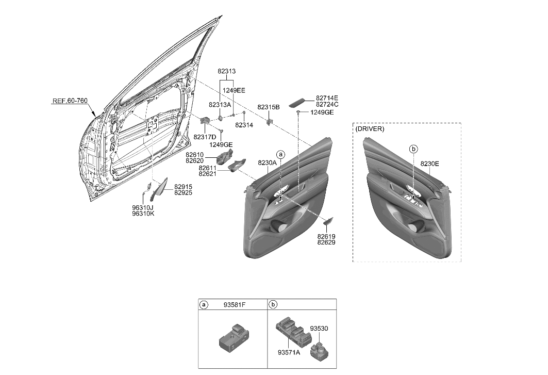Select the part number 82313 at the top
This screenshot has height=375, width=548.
click(x=226, y=71)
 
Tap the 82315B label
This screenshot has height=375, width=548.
click(x=269, y=107)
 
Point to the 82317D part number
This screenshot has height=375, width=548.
click(x=205, y=137)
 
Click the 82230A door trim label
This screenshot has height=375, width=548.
click(x=268, y=162)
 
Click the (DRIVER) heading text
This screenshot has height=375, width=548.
click(x=370, y=129)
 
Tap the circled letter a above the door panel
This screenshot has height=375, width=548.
click(x=280, y=154)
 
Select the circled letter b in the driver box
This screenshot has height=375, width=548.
click(x=413, y=149)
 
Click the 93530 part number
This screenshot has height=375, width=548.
click(x=320, y=328)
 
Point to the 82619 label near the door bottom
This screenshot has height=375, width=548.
click(x=326, y=236)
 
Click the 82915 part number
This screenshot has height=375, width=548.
click(x=183, y=186)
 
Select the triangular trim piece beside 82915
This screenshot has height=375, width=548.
click(x=161, y=189)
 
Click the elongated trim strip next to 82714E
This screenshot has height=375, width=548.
click(x=297, y=101)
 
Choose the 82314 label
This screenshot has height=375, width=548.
click(x=243, y=125)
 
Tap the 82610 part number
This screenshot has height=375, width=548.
click(x=195, y=155)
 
